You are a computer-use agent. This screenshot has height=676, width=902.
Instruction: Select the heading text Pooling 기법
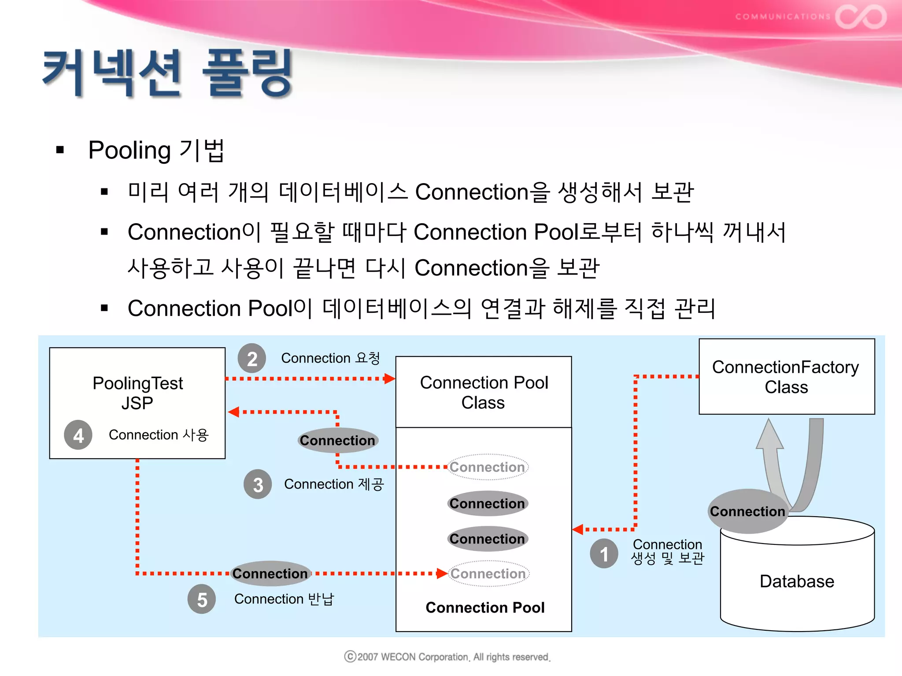coord(156,150)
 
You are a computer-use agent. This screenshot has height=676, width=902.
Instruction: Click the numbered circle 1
coord(604,554)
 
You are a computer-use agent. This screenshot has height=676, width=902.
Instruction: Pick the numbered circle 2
coord(251,359)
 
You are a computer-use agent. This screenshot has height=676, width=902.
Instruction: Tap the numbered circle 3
coord(258,485)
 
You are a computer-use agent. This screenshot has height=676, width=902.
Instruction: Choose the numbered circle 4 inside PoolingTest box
coord(78,435)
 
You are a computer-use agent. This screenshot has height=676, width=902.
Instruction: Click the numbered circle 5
coord(202,599)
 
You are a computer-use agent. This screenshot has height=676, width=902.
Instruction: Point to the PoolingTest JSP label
coord(137,393)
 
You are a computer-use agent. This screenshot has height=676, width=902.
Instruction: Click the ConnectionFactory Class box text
coord(786,377)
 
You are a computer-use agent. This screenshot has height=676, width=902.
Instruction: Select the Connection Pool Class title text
coord(484,392)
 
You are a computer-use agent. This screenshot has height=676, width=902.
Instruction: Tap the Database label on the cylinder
coord(796,581)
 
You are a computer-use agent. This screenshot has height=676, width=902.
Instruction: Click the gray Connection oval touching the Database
coord(747,511)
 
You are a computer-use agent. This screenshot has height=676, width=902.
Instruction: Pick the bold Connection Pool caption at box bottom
coord(485,608)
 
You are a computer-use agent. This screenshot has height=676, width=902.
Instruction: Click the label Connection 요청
coord(330,358)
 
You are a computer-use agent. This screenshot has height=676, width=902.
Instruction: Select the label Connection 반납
coord(284,599)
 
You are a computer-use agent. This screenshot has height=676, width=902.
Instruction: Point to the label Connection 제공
coord(334,484)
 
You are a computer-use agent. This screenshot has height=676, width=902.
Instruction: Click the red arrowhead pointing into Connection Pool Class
coord(389,378)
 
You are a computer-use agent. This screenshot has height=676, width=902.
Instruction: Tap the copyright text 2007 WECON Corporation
coord(447,657)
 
